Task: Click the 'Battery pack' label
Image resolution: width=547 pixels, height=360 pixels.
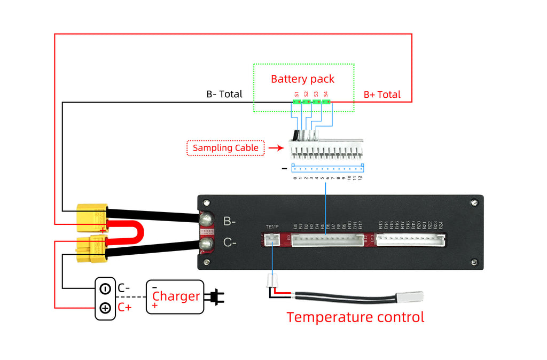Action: (302, 79)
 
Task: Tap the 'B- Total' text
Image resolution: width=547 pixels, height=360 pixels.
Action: (224, 94)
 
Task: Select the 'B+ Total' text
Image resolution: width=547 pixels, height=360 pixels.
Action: (382, 95)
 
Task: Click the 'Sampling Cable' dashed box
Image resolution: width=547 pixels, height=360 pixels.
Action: (225, 148)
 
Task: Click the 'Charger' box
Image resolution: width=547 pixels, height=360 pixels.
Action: (175, 296)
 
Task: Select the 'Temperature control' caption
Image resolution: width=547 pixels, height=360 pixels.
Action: (355, 317)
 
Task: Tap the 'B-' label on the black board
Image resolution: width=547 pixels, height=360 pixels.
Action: (230, 221)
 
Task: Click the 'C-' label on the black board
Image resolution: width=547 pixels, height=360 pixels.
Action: (230, 244)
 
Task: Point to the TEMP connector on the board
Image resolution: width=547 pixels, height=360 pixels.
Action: (272, 241)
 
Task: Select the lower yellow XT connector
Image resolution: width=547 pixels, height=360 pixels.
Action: (90, 249)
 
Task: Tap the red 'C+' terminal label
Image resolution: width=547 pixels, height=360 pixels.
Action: (124, 307)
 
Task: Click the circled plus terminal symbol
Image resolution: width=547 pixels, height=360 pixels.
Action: (105, 308)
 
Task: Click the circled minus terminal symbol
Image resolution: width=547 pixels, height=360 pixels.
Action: (105, 288)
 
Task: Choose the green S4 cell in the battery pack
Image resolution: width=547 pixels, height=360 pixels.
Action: (326, 101)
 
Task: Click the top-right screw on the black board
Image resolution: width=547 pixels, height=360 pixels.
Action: (473, 202)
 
